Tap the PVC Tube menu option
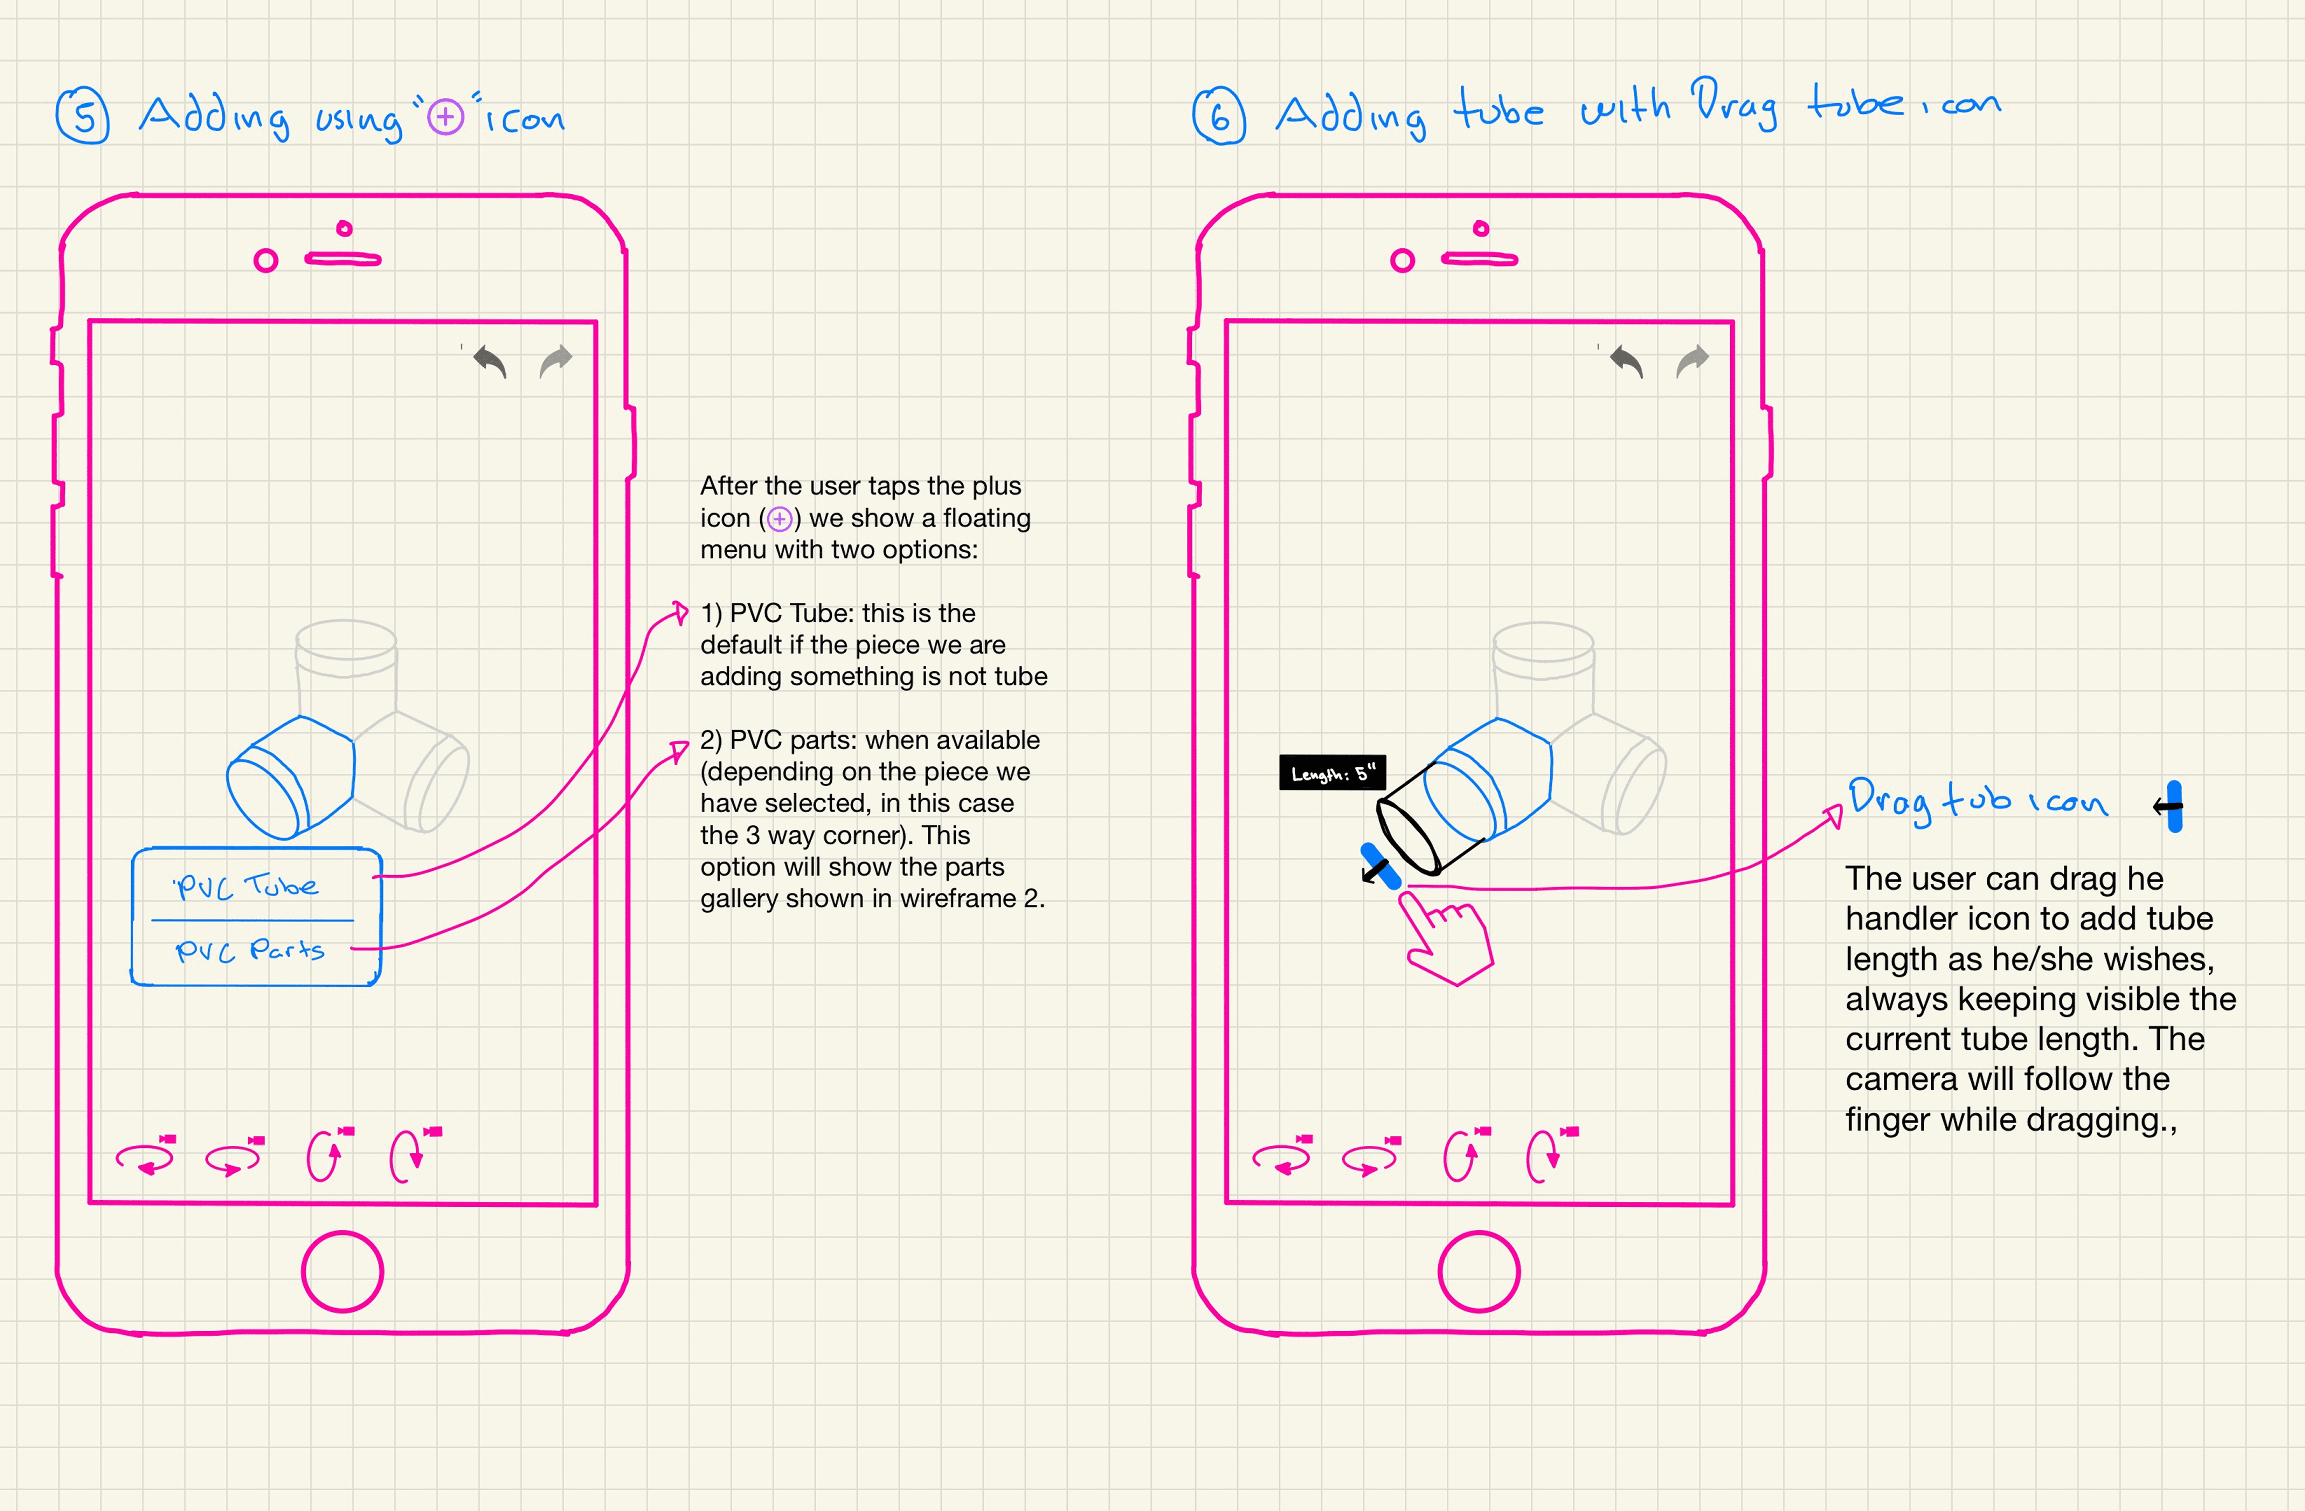[246, 885]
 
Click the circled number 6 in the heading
[1219, 116]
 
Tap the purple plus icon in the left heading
[445, 117]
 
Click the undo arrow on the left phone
[490, 361]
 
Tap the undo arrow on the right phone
[1627, 361]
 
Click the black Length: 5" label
[1333, 773]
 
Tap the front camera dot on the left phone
[265, 261]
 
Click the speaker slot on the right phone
[1479, 258]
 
